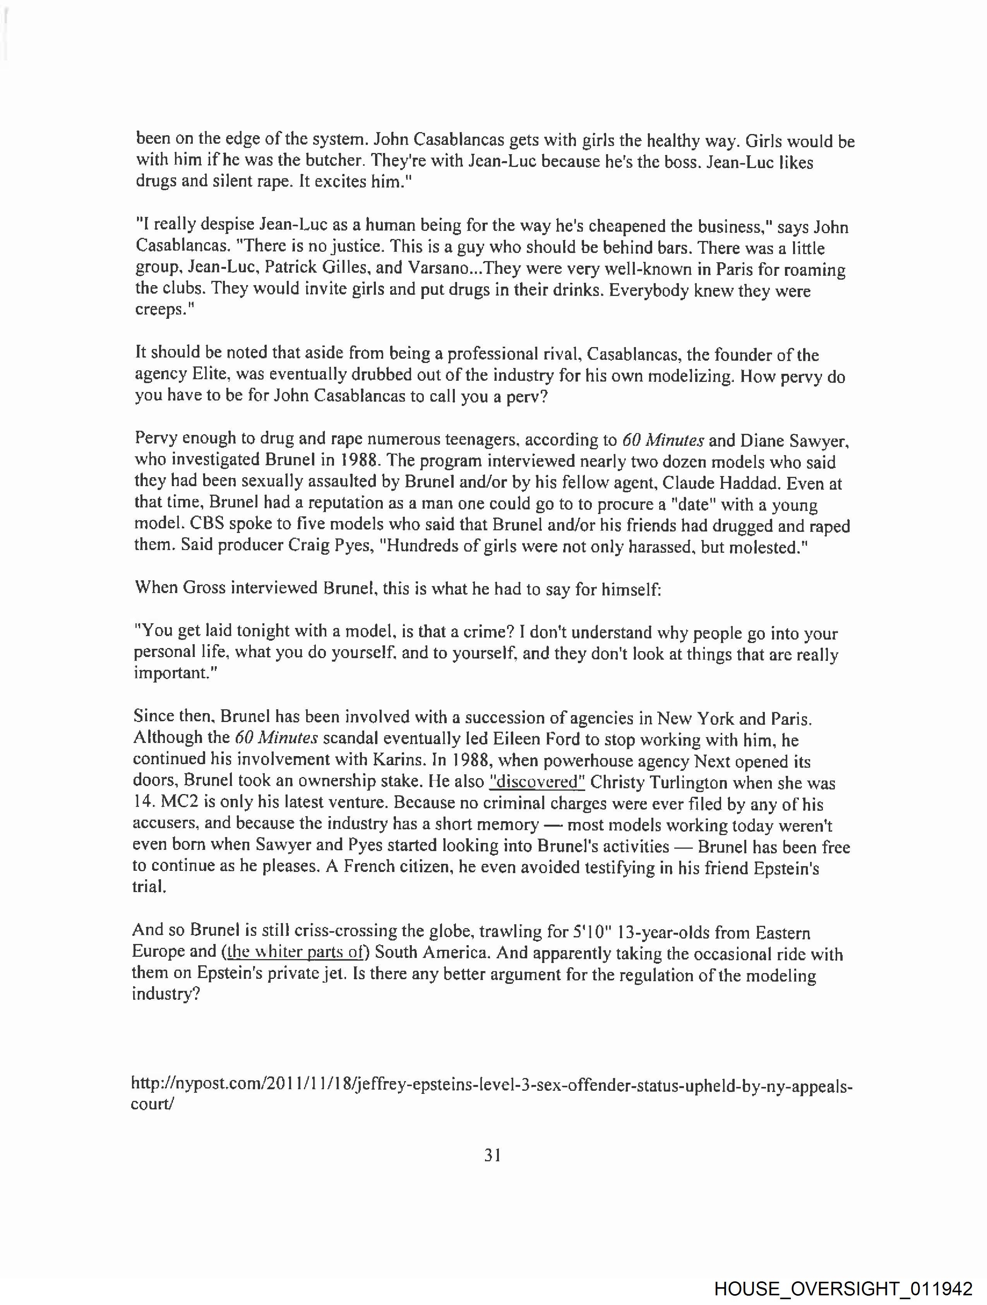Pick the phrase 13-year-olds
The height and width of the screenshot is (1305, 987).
pos(681,932)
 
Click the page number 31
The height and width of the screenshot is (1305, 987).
pos(493,1156)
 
